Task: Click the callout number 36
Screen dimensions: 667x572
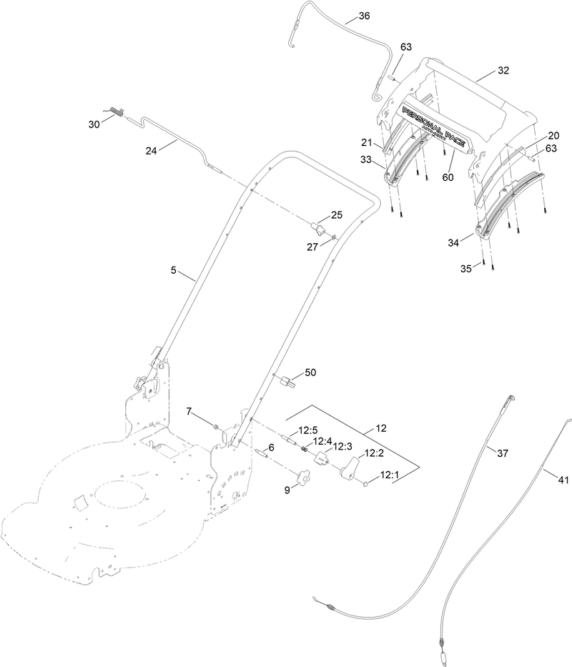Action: click(x=364, y=16)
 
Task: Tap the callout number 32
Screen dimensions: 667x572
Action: click(x=503, y=70)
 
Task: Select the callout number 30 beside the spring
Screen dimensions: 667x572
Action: click(x=94, y=124)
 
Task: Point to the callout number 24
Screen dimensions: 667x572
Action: click(x=151, y=150)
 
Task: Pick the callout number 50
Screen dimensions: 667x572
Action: click(x=310, y=372)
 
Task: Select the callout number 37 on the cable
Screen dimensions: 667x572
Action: click(x=503, y=452)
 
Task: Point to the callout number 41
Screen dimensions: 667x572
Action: click(x=563, y=480)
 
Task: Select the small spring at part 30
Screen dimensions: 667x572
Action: click(x=117, y=111)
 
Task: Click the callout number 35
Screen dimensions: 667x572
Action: click(x=466, y=269)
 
